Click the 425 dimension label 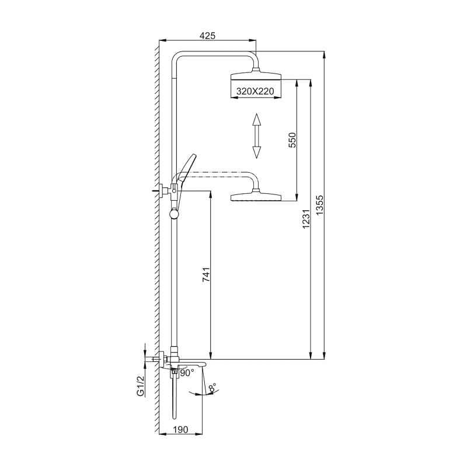[207, 36]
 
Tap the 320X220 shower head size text [255, 91]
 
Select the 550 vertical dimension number [293, 140]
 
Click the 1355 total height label [319, 205]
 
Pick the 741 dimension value [206, 274]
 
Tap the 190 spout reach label [180, 430]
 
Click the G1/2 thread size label [140, 386]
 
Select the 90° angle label [187, 372]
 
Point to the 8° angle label [212, 388]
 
